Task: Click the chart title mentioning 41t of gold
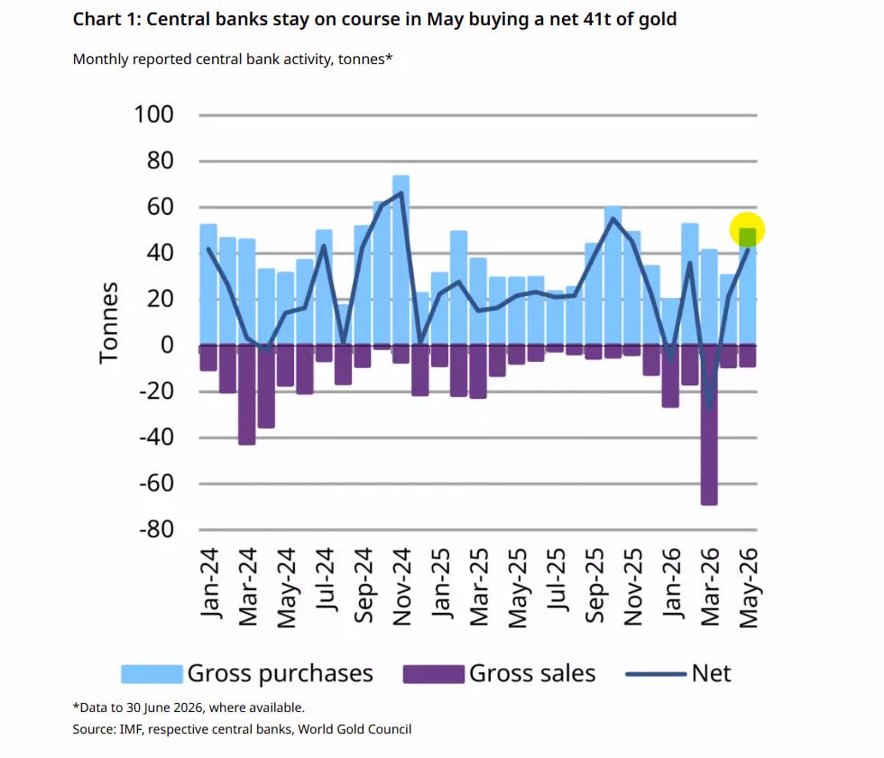coord(375,19)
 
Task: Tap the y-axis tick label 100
coord(153,115)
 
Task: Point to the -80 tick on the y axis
coord(157,530)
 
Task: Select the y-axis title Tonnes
coord(108,323)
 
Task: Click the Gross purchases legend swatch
coord(152,674)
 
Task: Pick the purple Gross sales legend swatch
coord(434,674)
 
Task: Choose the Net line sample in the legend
coord(657,674)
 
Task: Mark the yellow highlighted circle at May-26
coord(747,230)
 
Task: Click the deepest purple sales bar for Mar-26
coord(709,425)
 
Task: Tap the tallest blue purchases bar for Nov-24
coord(401,260)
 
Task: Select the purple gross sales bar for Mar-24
coord(247,395)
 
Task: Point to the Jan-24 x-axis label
coord(208,583)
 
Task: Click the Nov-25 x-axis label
coord(633,587)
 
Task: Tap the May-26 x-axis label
coord(749,587)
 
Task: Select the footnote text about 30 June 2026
coord(189,707)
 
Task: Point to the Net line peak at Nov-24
coord(401,193)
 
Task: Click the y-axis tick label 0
coord(167,345)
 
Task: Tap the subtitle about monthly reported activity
coord(233,60)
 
